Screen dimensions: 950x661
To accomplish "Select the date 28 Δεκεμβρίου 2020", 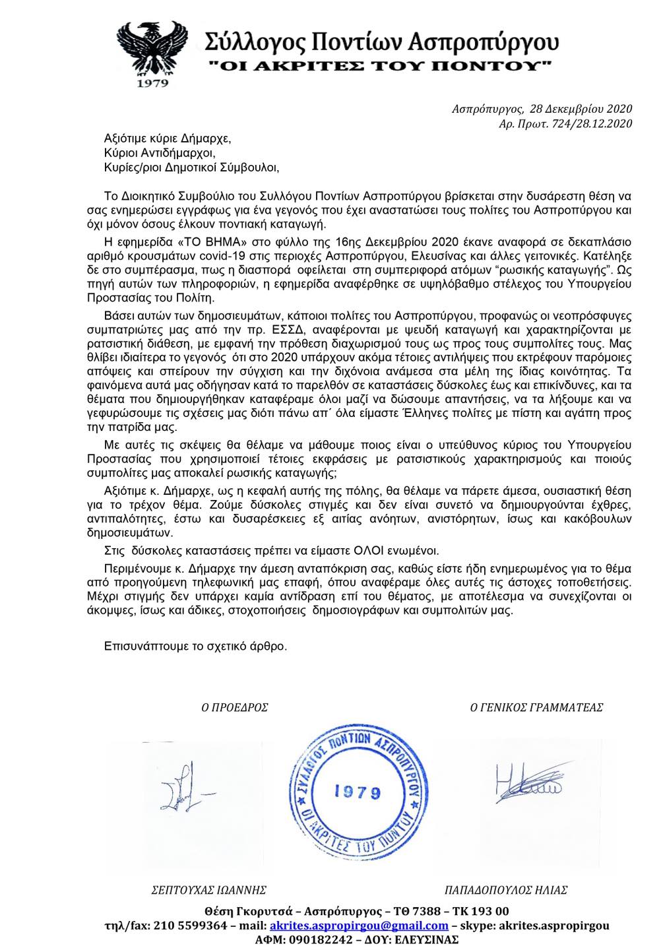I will [x=575, y=110].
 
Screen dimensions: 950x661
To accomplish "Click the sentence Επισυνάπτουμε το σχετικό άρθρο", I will [x=196, y=646].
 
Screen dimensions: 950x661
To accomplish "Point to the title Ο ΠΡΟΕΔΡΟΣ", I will [x=235, y=707].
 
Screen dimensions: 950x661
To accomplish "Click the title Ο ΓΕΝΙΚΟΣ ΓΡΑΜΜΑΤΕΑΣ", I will [x=536, y=707].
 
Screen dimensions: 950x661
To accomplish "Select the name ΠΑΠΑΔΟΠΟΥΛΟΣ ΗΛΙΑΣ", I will [x=507, y=890].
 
